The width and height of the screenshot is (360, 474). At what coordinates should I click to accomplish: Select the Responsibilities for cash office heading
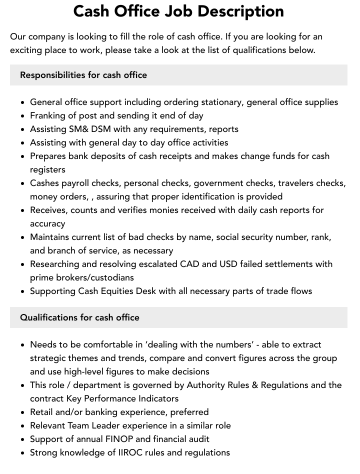pos(83,75)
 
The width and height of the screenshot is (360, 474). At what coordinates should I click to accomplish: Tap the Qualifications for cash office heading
pos(79,317)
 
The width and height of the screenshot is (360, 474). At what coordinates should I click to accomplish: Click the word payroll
pos(79,183)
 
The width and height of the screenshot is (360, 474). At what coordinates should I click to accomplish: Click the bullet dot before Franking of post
pos(23,116)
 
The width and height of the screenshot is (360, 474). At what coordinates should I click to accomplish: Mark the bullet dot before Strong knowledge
pos(23,453)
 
